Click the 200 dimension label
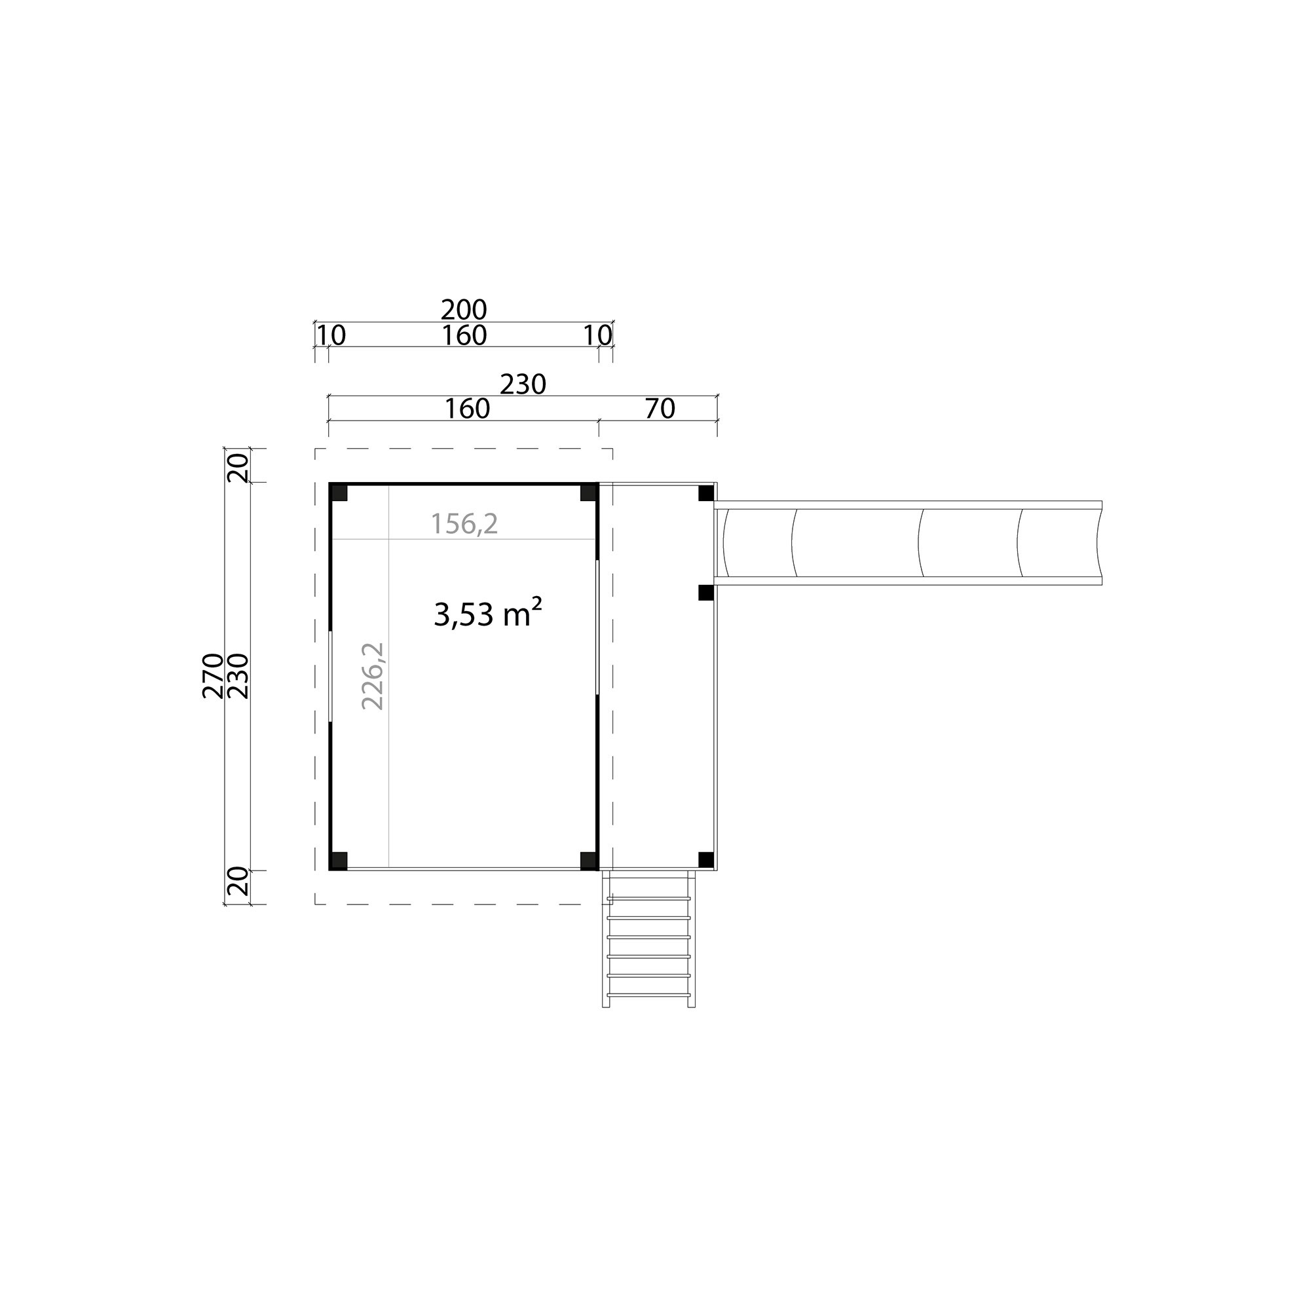pyautogui.click(x=464, y=310)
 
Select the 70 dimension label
pyautogui.click(x=660, y=408)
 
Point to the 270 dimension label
pyautogui.click(x=213, y=675)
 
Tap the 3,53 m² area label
pyautogui.click(x=487, y=613)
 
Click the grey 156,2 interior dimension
pyautogui.click(x=464, y=523)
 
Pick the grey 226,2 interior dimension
pyautogui.click(x=373, y=676)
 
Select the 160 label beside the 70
pyautogui.click(x=467, y=408)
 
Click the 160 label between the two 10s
pyautogui.click(x=464, y=335)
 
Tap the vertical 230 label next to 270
pyautogui.click(x=238, y=675)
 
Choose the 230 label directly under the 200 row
pyautogui.click(x=523, y=384)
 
